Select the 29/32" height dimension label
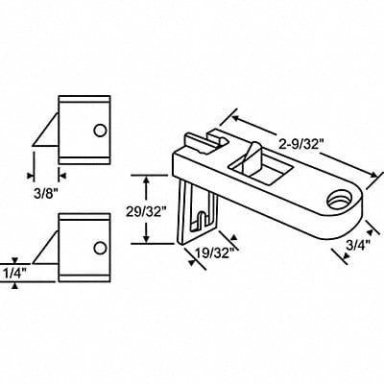point(144,209)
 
